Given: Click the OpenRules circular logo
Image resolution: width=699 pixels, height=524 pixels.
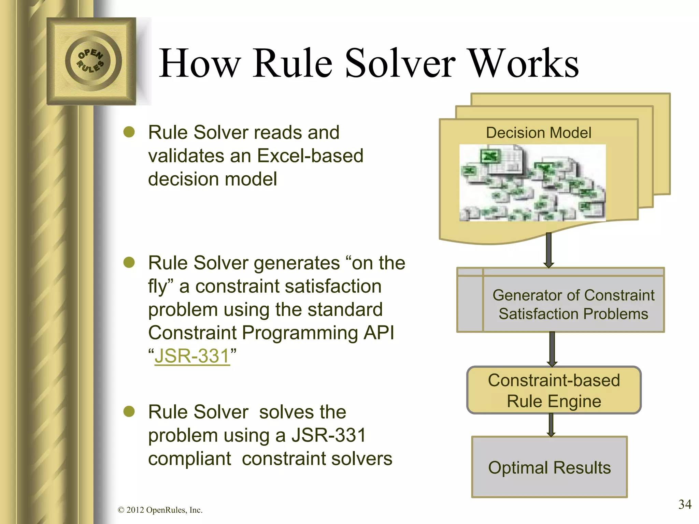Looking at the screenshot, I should pyautogui.click(x=91, y=61).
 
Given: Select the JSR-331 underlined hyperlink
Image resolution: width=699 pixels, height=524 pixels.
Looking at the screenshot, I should pyautogui.click(x=192, y=356).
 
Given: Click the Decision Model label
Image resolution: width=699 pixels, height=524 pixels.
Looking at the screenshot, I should pyautogui.click(x=538, y=133).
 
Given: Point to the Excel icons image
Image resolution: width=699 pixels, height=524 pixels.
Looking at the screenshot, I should pyautogui.click(x=532, y=183).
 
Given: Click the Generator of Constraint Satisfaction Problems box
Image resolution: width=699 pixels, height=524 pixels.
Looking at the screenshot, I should pyautogui.click(x=573, y=304).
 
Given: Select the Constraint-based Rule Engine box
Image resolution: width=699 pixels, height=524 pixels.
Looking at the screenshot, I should pyautogui.click(x=554, y=390).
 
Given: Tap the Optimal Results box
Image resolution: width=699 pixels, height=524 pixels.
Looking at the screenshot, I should pyautogui.click(x=549, y=467).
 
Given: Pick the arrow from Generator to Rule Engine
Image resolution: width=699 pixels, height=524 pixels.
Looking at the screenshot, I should pyautogui.click(x=552, y=349).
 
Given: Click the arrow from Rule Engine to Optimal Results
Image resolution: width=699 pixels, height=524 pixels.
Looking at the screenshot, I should pyautogui.click(x=551, y=425).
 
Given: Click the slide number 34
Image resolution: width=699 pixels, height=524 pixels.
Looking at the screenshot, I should pyautogui.click(x=684, y=504).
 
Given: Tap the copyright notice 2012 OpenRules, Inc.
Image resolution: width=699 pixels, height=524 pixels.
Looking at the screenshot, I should pyautogui.click(x=160, y=510).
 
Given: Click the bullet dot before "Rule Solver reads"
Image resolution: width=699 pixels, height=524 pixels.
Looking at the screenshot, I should pyautogui.click(x=129, y=132).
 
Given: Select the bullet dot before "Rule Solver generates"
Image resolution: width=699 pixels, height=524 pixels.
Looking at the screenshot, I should pyautogui.click(x=129, y=263).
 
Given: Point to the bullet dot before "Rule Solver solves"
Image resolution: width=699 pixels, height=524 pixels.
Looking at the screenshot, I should pyautogui.click(x=129, y=411).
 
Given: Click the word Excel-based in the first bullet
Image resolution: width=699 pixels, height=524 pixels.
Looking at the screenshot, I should pyautogui.click(x=310, y=156).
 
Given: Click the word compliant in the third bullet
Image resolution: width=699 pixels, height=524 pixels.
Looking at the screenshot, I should pyautogui.click(x=189, y=458).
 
